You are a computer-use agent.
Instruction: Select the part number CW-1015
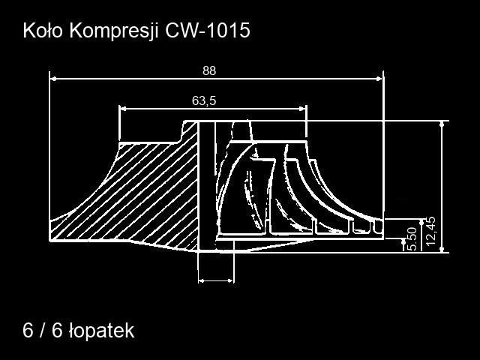coord(208,31)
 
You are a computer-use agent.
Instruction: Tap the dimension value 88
coord(209,70)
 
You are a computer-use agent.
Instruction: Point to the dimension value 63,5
coord(204,100)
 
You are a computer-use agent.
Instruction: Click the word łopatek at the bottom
coord(102,331)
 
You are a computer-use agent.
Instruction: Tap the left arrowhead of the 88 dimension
coord(53,79)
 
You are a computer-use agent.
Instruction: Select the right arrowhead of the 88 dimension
coord(379,79)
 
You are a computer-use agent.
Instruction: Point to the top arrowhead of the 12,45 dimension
coord(442,124)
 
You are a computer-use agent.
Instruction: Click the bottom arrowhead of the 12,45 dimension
coord(442,249)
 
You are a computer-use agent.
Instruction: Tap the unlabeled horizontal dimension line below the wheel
coord(216,280)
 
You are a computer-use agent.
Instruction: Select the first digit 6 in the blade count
coord(28,331)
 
